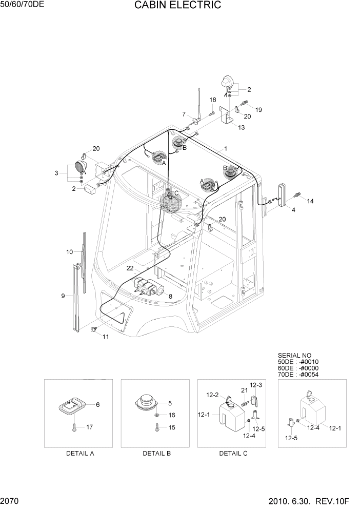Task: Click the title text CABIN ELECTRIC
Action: click(x=178, y=6)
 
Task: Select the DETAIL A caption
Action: click(x=80, y=454)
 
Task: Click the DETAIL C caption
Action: click(x=233, y=454)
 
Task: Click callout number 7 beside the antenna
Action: click(x=184, y=114)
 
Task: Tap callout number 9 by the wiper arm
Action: click(x=63, y=296)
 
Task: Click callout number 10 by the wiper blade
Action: click(x=70, y=252)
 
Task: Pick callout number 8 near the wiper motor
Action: click(x=170, y=296)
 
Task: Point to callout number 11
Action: click(x=106, y=337)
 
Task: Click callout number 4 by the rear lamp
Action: click(x=293, y=209)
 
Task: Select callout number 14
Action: click(x=310, y=202)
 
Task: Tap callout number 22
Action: click(x=130, y=268)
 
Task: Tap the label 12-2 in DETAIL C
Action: click(x=212, y=395)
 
